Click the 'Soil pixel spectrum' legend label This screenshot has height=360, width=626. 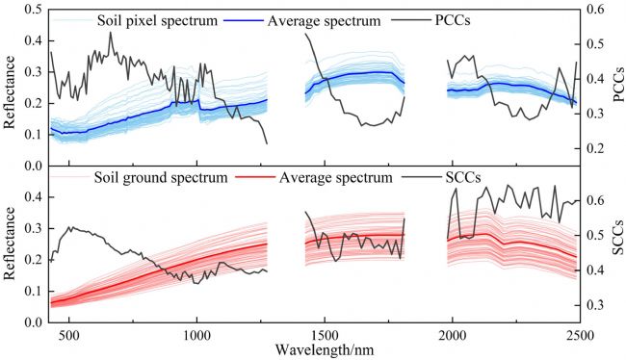(157, 20)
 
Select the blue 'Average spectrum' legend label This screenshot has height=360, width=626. (324, 20)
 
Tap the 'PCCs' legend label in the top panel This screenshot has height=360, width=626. (453, 20)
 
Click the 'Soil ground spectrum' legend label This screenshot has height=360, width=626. (161, 177)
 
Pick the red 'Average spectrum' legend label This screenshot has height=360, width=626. (336, 177)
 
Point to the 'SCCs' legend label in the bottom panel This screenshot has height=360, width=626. (462, 177)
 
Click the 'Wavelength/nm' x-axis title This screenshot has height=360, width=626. (325, 350)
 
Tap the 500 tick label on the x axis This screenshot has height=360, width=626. (69, 335)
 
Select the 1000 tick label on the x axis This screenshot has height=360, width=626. (196, 335)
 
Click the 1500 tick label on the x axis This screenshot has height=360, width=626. (325, 335)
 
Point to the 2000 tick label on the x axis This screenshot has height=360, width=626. (453, 335)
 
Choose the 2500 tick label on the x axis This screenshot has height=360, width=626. (580, 335)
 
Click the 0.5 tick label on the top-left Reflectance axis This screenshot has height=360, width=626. (35, 10)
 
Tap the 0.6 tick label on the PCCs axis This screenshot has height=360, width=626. (595, 10)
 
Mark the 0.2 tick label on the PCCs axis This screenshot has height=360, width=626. (595, 148)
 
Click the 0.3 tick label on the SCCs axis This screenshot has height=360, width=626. (595, 305)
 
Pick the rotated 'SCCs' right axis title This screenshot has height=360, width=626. (618, 237)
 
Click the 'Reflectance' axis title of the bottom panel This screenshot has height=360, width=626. (9, 244)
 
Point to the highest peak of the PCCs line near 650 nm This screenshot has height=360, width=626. (111, 33)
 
